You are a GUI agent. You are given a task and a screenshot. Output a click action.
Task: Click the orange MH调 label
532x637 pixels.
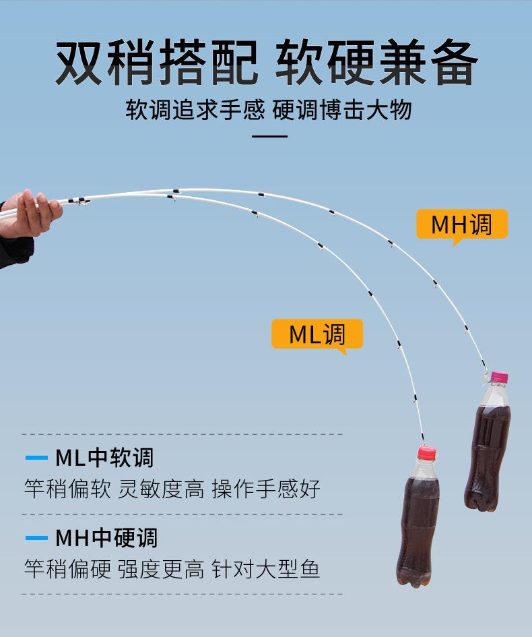tap(461, 224)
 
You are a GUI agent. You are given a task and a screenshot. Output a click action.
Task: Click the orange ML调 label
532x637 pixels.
tap(317, 334)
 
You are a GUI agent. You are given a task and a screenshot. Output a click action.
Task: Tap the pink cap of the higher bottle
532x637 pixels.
tap(499, 377)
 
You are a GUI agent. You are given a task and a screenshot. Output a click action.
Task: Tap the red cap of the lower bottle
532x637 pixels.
tap(426, 452)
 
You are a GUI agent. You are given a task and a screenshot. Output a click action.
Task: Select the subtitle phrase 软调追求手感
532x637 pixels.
tap(195, 109)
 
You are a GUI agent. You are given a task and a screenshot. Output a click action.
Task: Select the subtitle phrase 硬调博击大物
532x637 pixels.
tap(342, 109)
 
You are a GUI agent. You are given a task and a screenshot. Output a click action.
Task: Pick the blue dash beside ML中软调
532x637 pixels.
tap(36, 458)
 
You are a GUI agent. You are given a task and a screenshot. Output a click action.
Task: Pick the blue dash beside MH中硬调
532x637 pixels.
tap(36, 538)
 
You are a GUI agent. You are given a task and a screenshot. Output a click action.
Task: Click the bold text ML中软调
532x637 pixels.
tap(104, 458)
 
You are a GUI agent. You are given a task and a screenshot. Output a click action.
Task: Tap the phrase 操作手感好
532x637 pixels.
tap(266, 489)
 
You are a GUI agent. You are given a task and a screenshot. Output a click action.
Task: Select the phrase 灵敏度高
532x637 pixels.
tap(161, 489)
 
